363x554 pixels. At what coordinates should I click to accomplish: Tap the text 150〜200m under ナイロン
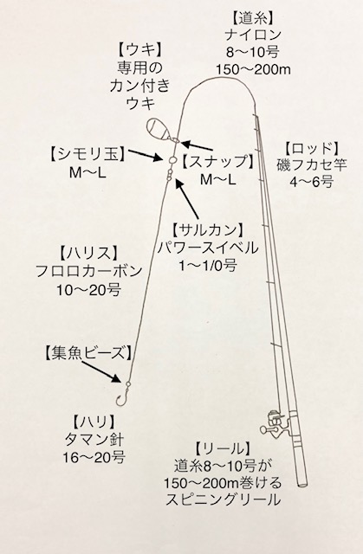point(253,69)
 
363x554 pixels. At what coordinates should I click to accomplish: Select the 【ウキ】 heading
point(140,50)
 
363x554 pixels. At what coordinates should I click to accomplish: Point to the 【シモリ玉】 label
point(87,154)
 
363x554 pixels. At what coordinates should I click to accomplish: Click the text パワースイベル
point(208,248)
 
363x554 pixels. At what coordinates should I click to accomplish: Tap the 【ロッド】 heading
point(312,148)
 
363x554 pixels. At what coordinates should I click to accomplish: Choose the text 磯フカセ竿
point(312,165)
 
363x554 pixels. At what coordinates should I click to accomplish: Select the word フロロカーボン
point(88,271)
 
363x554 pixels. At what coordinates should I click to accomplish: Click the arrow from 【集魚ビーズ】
point(103,372)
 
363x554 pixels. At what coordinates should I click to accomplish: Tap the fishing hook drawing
point(124,395)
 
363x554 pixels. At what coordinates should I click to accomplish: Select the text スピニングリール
point(223,499)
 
